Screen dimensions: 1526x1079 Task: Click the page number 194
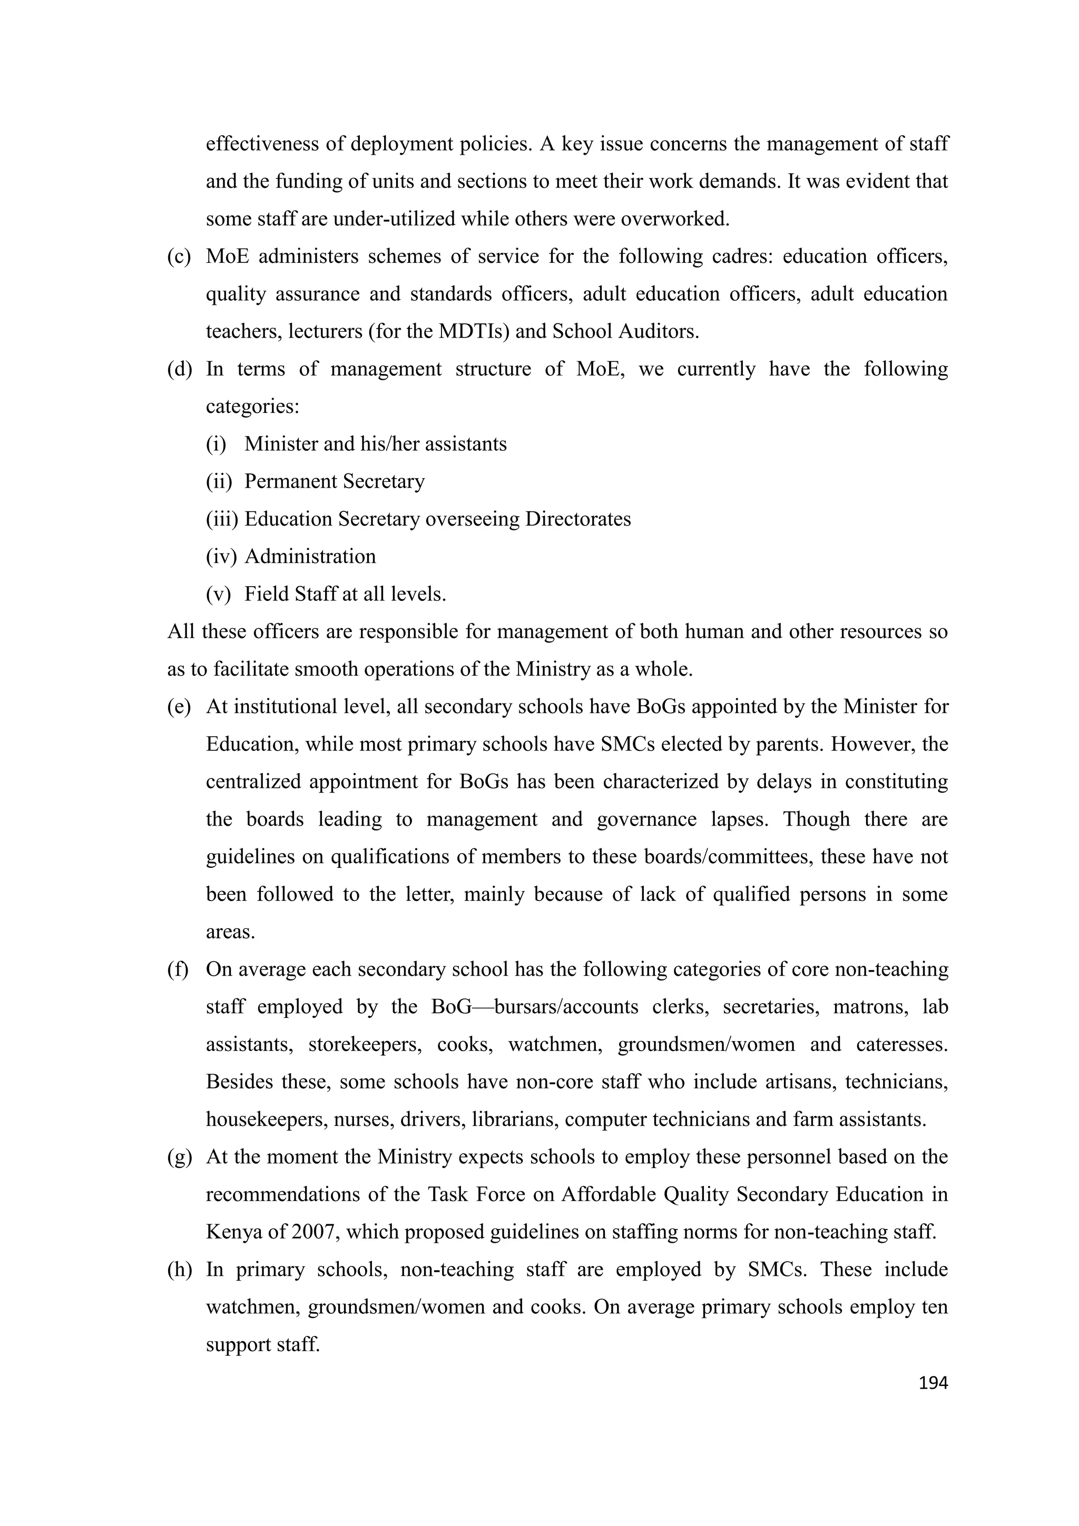coord(932,1383)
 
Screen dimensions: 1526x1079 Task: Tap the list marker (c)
coord(179,256)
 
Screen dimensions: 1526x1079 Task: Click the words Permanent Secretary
coord(335,481)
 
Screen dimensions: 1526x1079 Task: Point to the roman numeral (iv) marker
coord(221,556)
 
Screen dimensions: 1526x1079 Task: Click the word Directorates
coord(578,519)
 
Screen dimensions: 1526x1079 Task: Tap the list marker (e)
coord(179,707)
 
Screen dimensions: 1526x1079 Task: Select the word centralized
coord(253,781)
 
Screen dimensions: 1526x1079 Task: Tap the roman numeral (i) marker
coord(216,444)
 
